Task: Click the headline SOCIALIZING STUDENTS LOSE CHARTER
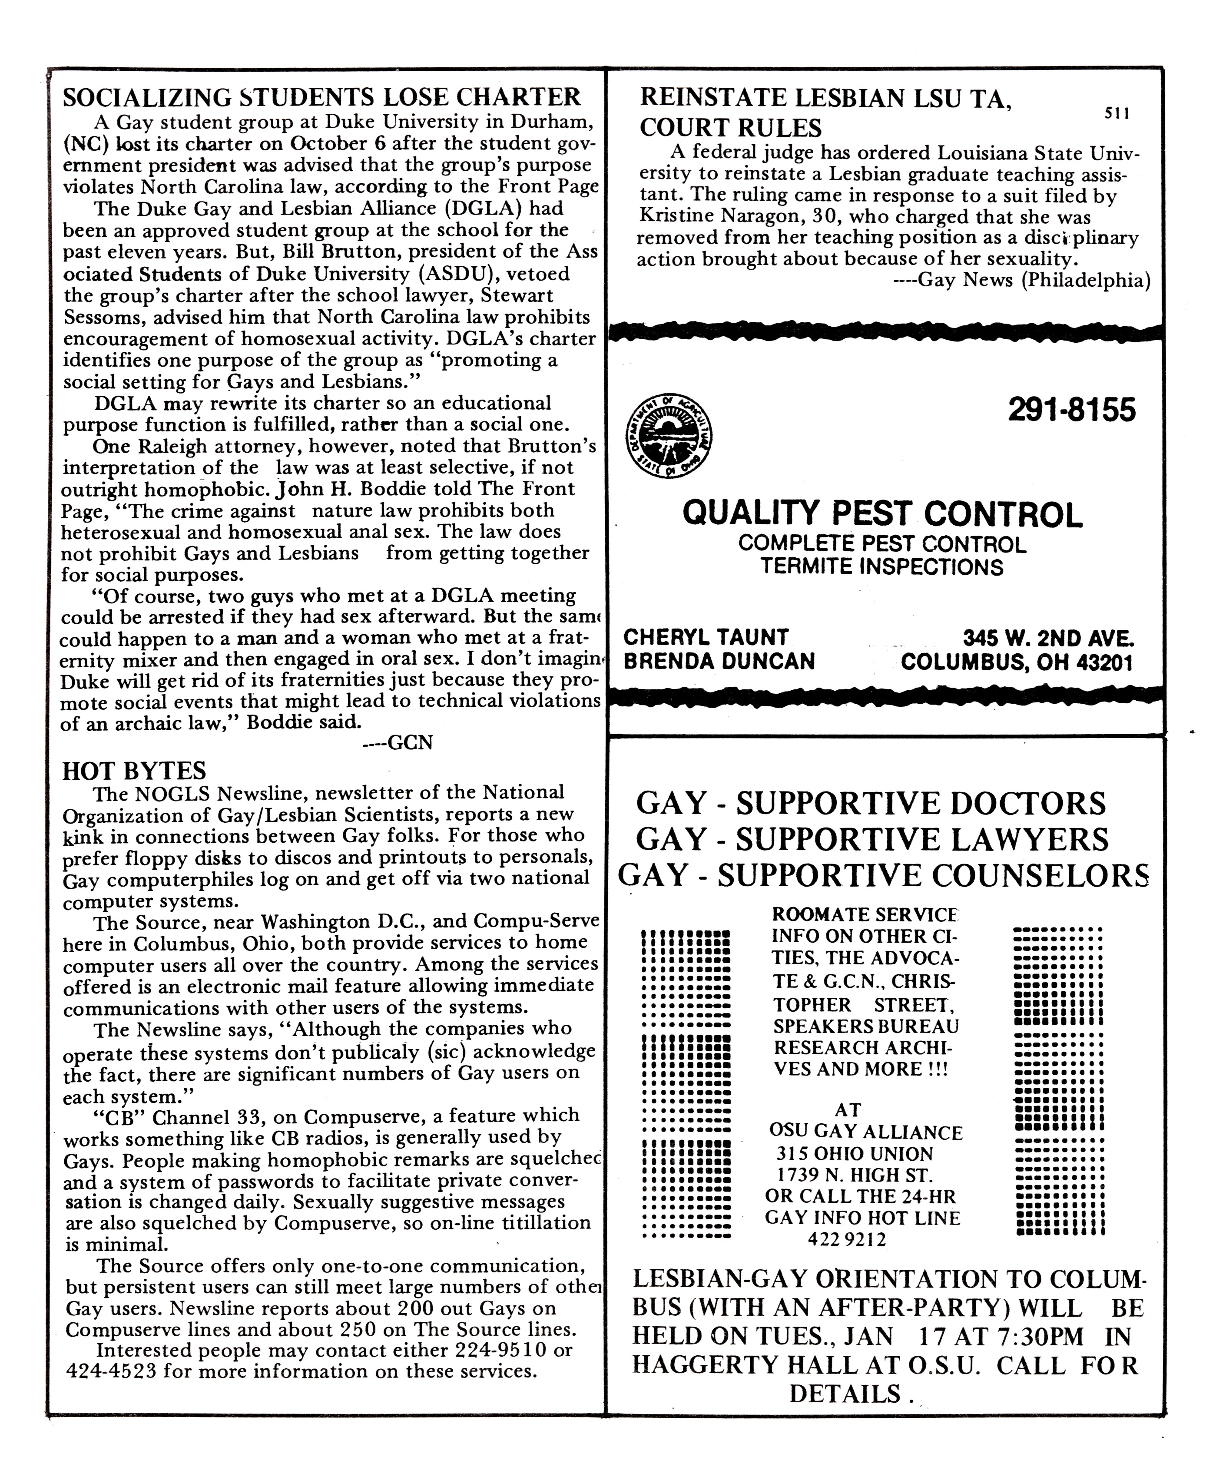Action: coord(321,97)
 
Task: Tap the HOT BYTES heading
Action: coord(134,771)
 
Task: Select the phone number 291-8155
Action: coord(1071,410)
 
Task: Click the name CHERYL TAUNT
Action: coord(706,637)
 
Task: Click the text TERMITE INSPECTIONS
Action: coord(881,567)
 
